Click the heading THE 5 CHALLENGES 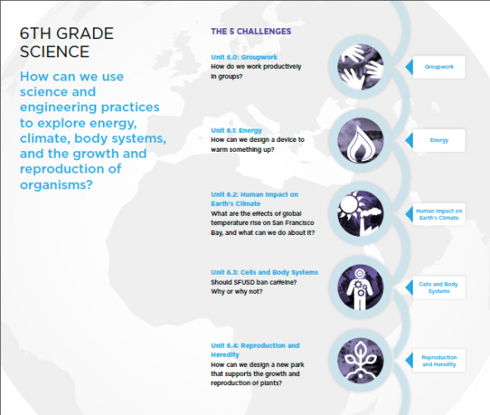251,32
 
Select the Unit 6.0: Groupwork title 244,57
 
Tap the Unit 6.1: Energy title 236,130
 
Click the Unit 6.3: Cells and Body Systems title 264,272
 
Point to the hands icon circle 360,67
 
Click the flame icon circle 360,140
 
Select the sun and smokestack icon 360,213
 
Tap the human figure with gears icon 360,287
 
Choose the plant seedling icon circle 360,361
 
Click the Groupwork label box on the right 439,67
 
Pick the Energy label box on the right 439,140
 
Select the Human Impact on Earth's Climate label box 439,214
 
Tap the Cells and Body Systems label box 439,288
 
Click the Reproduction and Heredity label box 439,361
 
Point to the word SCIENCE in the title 55,51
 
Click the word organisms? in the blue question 56,185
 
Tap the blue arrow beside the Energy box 409,140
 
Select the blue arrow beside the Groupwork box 409,67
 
